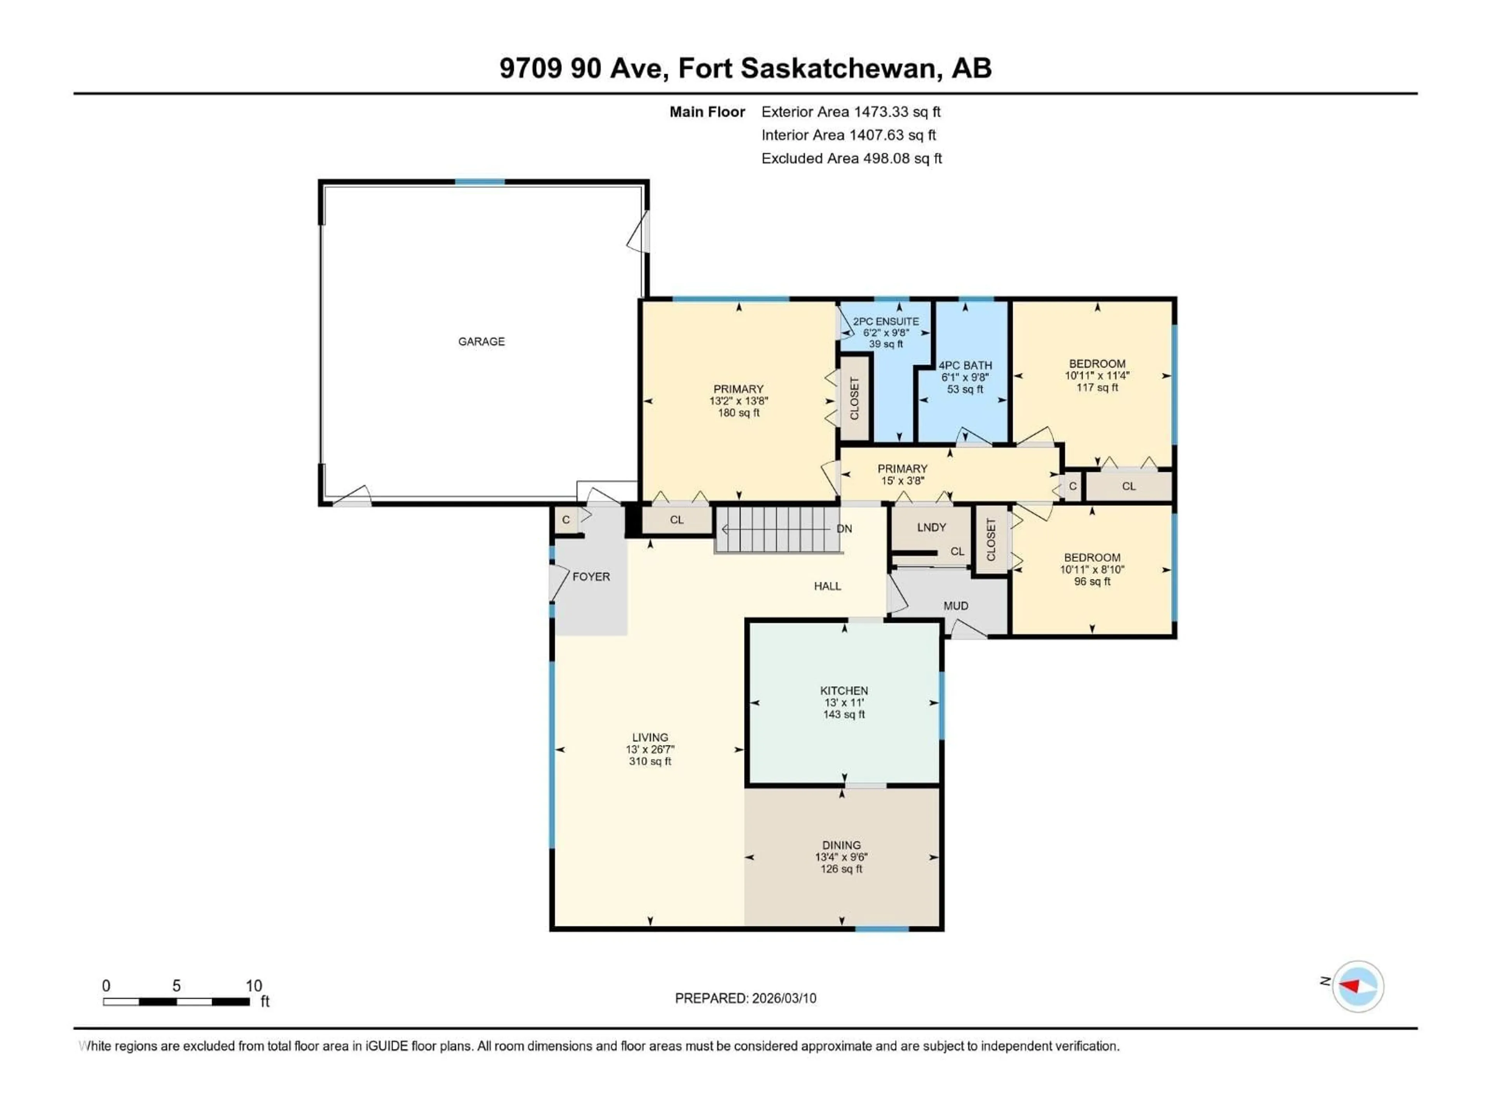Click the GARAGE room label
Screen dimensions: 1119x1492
[x=481, y=341]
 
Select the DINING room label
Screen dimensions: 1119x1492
[x=841, y=845]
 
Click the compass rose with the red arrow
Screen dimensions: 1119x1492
[x=1358, y=986]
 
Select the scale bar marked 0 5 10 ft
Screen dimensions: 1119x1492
[x=177, y=1002]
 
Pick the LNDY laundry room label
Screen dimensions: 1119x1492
[x=931, y=528]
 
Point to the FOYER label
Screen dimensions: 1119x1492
[x=591, y=577]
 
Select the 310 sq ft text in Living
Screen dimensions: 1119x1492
[x=650, y=762]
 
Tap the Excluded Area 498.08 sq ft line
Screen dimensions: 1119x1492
[x=851, y=159]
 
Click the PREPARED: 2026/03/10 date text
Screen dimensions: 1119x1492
[x=745, y=998]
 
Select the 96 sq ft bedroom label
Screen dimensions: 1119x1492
[x=1092, y=581]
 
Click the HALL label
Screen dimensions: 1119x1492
[x=827, y=586]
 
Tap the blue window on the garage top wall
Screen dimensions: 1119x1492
[x=479, y=182]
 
